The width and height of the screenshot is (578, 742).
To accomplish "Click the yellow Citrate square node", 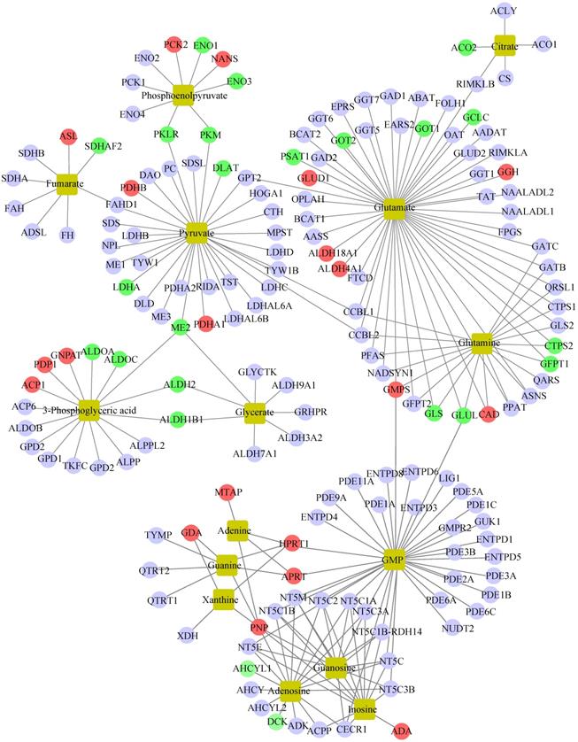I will coord(505,44).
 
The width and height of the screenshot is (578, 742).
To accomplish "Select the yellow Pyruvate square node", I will coord(197,229).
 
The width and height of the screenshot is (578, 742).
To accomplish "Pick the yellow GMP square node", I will coord(394,560).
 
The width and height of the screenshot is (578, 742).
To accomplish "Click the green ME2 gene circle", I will coord(181,328).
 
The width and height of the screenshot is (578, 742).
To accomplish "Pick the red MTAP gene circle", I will coord(223,493).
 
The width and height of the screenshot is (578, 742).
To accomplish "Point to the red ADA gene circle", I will coord(403,729).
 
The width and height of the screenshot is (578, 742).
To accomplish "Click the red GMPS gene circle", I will coord(394,390).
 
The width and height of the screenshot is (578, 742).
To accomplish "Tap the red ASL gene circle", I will coord(68,136).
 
